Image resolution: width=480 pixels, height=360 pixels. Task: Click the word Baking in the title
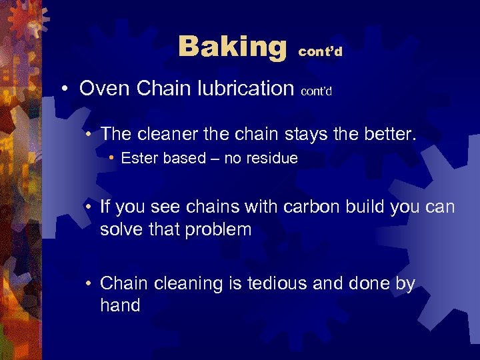(x=232, y=47)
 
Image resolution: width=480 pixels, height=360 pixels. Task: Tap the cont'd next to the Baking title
(x=321, y=52)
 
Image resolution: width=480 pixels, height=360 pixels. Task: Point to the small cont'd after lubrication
(x=317, y=92)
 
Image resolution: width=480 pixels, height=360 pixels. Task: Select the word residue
(x=273, y=159)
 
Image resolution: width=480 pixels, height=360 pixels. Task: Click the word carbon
(x=311, y=207)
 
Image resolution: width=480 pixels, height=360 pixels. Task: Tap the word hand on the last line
(x=120, y=306)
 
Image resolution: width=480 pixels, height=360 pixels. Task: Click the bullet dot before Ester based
(x=112, y=159)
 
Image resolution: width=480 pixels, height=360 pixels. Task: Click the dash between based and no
(x=212, y=159)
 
